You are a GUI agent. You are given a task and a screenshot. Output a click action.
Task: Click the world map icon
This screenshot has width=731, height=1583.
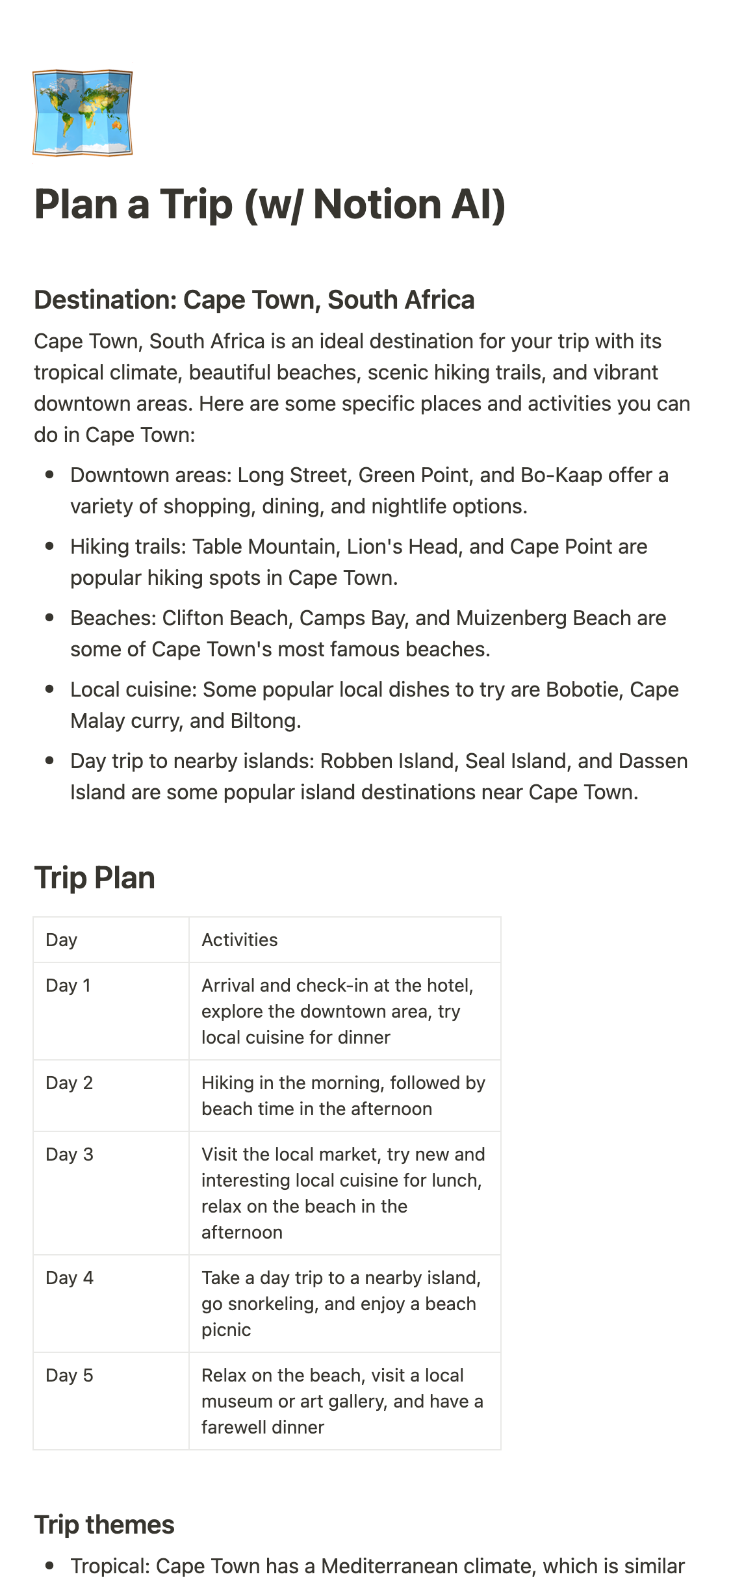pos(83,113)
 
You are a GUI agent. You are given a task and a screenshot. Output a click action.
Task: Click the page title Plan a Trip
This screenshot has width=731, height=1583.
pos(270,205)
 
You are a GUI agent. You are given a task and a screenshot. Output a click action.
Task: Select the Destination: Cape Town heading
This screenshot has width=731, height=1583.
pos(254,300)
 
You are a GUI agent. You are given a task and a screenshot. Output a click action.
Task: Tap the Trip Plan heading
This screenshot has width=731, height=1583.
pos(94,878)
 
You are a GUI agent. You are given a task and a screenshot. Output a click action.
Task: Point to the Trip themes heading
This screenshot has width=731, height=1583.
pos(104,1525)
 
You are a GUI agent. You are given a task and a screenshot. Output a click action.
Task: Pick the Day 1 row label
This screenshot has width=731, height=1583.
pos(68,986)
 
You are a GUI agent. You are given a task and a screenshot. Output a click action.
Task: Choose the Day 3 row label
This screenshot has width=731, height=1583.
pos(69,1155)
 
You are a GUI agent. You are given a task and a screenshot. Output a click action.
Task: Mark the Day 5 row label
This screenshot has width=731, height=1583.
pos(69,1376)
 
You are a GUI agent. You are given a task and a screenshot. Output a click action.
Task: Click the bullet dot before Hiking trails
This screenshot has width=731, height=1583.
pos(49,547)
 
